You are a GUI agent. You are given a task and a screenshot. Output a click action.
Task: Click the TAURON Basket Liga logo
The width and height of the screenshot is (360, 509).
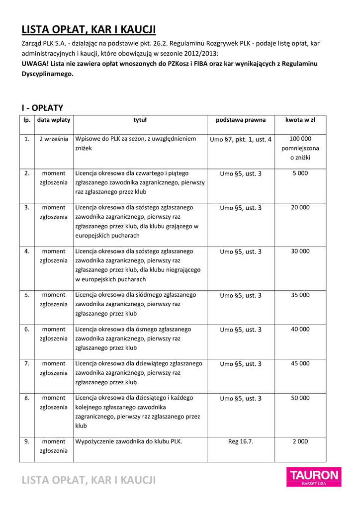click(x=313, y=478)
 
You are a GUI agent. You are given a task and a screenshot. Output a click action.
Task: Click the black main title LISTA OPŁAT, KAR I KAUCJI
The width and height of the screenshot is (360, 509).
click(x=89, y=30)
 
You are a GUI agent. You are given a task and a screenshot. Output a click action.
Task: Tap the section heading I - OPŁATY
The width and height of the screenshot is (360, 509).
click(x=42, y=108)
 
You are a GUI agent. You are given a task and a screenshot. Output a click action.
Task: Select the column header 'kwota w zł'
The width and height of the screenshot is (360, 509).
click(x=300, y=120)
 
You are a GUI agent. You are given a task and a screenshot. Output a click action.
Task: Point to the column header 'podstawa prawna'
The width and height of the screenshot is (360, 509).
click(x=241, y=120)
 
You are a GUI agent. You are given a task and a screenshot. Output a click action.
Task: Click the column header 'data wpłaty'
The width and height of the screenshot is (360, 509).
click(x=54, y=120)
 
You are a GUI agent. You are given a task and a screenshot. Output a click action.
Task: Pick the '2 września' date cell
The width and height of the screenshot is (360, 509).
click(x=54, y=139)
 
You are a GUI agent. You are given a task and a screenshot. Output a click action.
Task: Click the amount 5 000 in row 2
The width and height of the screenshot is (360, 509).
click(x=300, y=173)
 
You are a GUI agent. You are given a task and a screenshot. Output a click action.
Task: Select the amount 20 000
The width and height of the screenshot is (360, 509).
click(x=300, y=208)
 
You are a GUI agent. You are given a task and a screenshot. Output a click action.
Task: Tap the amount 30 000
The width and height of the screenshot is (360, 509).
click(x=300, y=252)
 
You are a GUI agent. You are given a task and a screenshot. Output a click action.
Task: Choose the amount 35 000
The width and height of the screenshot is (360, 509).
click(x=300, y=295)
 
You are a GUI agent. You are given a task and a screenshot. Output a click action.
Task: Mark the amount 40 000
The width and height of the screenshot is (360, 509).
click(x=300, y=330)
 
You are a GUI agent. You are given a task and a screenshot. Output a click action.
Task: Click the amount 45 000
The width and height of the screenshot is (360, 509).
click(x=300, y=364)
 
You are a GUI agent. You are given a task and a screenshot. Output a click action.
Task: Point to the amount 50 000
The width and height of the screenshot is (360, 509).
click(x=300, y=398)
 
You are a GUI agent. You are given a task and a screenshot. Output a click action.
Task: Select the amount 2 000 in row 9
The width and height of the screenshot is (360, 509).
click(x=300, y=441)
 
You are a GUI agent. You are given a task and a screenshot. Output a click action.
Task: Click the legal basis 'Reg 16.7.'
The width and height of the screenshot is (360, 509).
click(x=241, y=441)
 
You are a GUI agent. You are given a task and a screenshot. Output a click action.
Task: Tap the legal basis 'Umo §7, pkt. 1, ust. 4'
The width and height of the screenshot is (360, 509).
click(x=241, y=140)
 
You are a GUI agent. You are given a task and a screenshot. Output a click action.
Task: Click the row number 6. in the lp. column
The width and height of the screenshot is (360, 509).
click(x=27, y=330)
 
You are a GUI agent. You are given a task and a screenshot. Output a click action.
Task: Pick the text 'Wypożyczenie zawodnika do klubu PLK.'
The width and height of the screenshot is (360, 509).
click(x=128, y=441)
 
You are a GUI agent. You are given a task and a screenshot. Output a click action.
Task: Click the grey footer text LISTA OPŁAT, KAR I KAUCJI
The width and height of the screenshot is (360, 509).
click(x=89, y=480)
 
